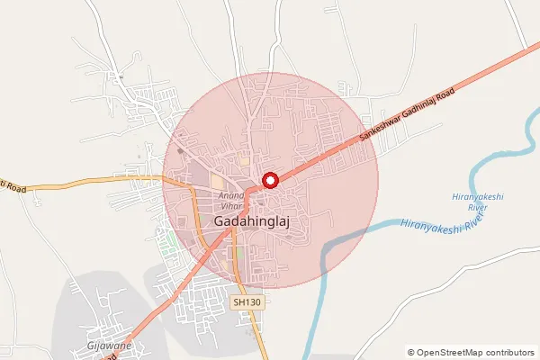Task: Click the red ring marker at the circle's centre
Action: coord(269,181)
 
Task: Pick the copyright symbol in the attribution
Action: coord(411,352)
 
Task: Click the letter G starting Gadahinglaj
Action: coord(220,220)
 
